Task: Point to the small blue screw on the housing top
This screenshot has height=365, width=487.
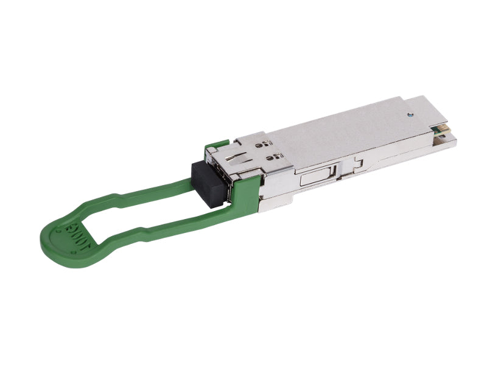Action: pyautogui.click(x=411, y=113)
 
